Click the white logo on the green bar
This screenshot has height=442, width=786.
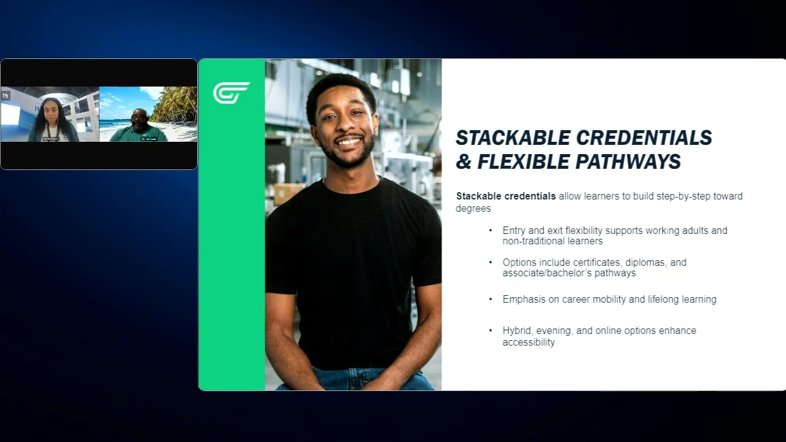pos(232,93)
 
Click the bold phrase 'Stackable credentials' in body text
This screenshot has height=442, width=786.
pos(505,196)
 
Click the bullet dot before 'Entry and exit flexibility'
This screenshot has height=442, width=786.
pos(491,230)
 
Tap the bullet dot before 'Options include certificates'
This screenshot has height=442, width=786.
pos(491,262)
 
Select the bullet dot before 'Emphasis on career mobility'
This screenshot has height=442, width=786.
pos(491,299)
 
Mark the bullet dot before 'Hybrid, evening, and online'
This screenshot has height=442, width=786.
pos(491,330)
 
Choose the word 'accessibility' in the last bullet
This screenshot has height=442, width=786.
pos(529,343)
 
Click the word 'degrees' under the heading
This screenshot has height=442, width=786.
pos(473,209)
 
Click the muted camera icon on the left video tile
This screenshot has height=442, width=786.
pos(6,96)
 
